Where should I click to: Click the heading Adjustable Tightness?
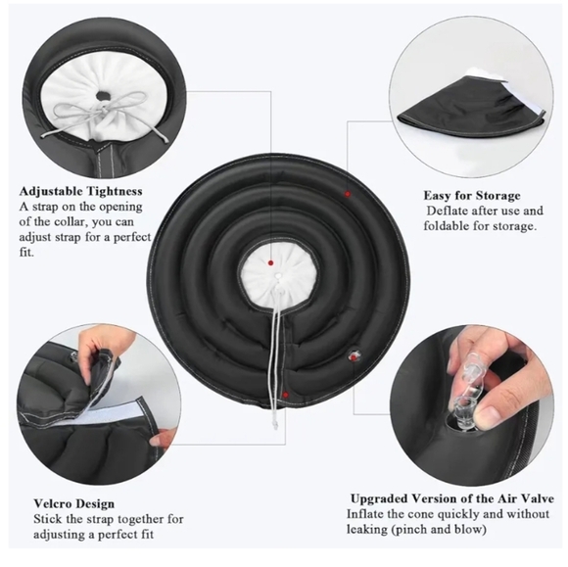80,191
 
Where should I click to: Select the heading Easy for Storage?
472,196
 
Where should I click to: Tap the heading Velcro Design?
73,503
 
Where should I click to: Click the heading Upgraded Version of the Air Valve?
452,498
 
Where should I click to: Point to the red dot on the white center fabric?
270,263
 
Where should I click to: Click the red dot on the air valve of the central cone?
353,357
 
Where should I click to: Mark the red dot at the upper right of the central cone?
348,194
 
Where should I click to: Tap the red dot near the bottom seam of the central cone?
286,395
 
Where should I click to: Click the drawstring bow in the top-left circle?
105,109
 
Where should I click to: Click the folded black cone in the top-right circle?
471,109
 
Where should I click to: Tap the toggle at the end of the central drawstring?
275,424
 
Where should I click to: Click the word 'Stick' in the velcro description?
46,519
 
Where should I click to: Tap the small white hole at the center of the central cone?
277,276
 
